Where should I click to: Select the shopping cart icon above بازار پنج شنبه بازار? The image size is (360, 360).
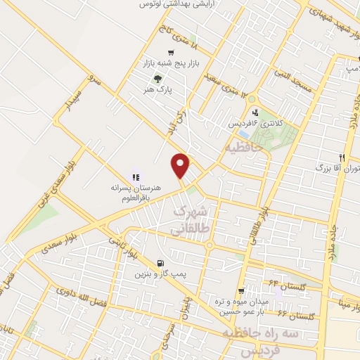[x=171, y=53]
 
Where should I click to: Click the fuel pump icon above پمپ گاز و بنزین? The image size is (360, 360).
[x=163, y=262]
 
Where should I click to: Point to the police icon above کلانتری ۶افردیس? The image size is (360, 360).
[x=255, y=112]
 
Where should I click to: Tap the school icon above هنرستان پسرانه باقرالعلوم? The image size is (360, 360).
[x=136, y=177]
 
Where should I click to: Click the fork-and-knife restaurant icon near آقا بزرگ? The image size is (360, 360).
[x=342, y=157]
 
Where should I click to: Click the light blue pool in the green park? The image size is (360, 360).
[x=244, y=134]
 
